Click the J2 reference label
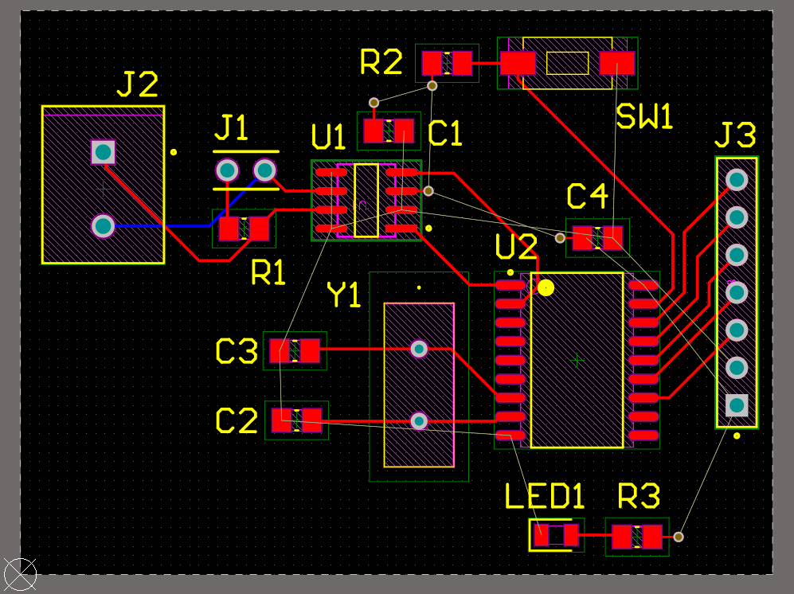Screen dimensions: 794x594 pyautogui.click(x=137, y=84)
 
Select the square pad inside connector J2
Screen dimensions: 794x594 pyautogui.click(x=104, y=152)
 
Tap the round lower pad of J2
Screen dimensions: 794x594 pyautogui.click(x=104, y=226)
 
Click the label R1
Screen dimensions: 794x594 pyautogui.click(x=268, y=273)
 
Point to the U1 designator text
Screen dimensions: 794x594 pyautogui.click(x=328, y=137)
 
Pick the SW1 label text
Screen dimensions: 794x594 pyautogui.click(x=644, y=116)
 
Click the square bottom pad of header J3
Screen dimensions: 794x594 pyautogui.click(x=737, y=405)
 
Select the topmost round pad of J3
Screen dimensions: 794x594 pyautogui.click(x=737, y=180)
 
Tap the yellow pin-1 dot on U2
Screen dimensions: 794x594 pyautogui.click(x=546, y=288)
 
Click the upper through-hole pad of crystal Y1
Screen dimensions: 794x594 pyautogui.click(x=419, y=349)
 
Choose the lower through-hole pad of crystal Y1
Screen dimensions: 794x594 pyautogui.click(x=419, y=420)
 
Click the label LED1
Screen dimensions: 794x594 pyautogui.click(x=545, y=496)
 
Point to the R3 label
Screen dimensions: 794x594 pyautogui.click(x=639, y=496)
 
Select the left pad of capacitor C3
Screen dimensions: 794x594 pyautogui.click(x=280, y=350)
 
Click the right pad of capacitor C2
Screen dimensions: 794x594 pyautogui.click(x=311, y=420)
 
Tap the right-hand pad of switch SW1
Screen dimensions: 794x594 pyautogui.click(x=617, y=63)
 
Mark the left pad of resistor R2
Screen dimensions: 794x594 pyautogui.click(x=432, y=63)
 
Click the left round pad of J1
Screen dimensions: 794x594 pyautogui.click(x=227, y=170)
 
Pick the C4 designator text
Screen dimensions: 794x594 pyautogui.click(x=587, y=197)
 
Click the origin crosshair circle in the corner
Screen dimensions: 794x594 pyautogui.click(x=20, y=575)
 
